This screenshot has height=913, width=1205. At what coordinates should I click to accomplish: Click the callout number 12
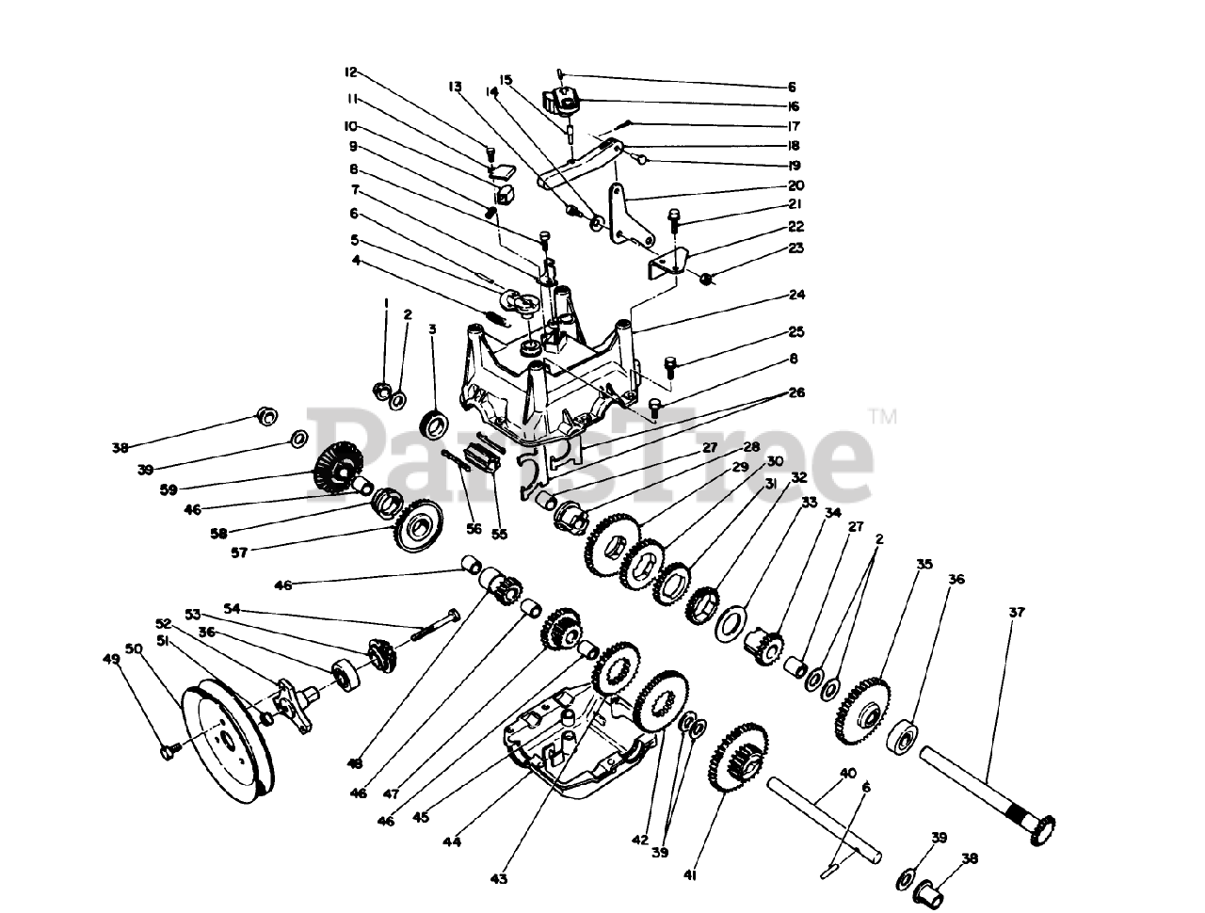point(351,72)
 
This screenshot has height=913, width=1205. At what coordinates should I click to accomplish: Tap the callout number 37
point(1016,613)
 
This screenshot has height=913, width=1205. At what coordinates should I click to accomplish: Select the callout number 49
point(112,660)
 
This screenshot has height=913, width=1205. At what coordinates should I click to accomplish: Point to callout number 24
point(796,295)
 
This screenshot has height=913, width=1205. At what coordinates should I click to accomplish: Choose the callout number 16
point(793,106)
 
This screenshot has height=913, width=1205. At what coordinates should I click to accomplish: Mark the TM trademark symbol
point(884,415)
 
